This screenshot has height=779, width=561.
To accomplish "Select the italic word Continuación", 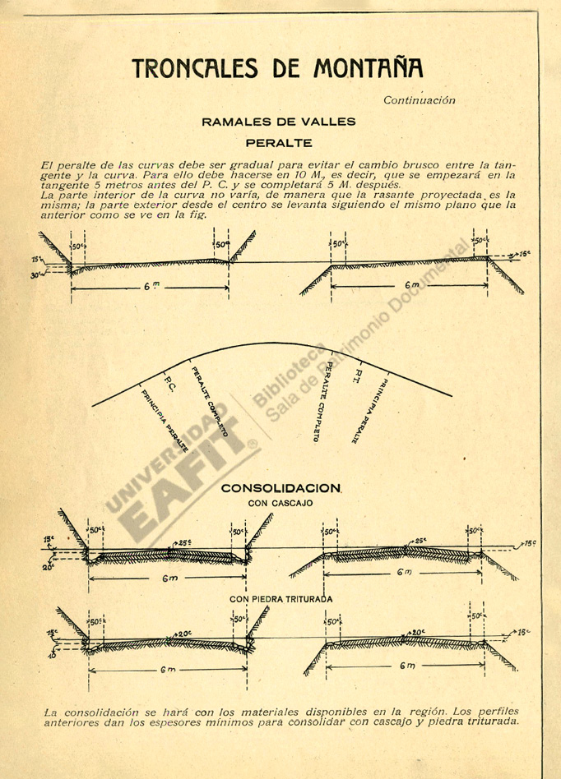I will coord(419,100).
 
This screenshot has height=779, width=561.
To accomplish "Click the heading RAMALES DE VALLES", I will coord(279,122).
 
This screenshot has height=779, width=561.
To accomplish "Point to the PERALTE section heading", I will coord(279,143).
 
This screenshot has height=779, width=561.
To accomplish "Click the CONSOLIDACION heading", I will coord(280,488).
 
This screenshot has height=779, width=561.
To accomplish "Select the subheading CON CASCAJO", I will coord(280,503).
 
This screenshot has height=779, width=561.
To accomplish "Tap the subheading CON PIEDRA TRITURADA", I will coord(281,599).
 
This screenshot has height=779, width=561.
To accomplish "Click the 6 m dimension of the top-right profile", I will coord(412,285).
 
